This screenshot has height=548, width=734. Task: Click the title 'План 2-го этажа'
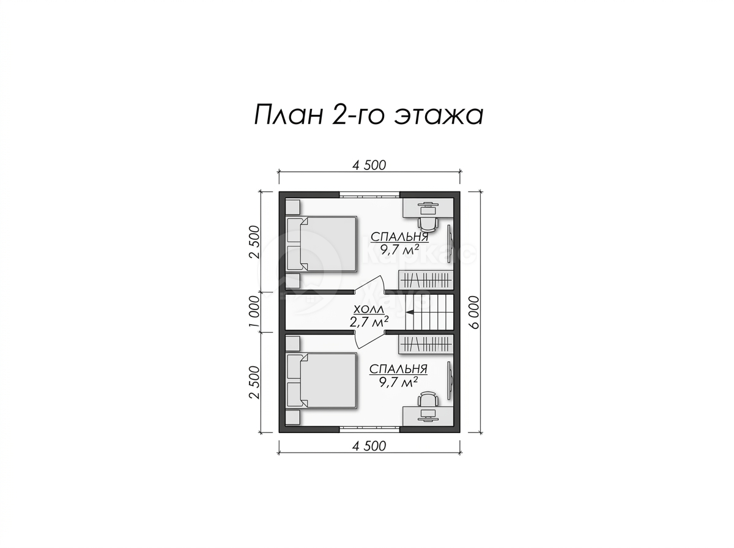[x=368, y=115]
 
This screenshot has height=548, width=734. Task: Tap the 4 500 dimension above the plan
[x=369, y=165]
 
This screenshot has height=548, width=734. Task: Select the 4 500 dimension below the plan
[x=369, y=446]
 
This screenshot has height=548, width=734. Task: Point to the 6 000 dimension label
[x=474, y=313]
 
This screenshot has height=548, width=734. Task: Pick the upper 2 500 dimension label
[x=254, y=242]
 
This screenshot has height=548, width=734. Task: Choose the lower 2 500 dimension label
[x=254, y=382]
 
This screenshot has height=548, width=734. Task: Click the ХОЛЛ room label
[x=368, y=309]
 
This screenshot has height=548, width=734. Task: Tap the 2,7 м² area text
[x=369, y=322]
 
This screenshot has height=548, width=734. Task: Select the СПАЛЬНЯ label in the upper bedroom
[x=399, y=237]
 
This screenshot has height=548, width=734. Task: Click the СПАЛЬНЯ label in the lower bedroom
[x=398, y=369]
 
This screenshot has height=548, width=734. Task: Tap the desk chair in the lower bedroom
[x=428, y=399]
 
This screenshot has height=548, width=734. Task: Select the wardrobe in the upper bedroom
[x=425, y=280]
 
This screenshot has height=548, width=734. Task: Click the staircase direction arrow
[x=410, y=313]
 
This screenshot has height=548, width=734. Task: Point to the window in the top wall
[x=369, y=194]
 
